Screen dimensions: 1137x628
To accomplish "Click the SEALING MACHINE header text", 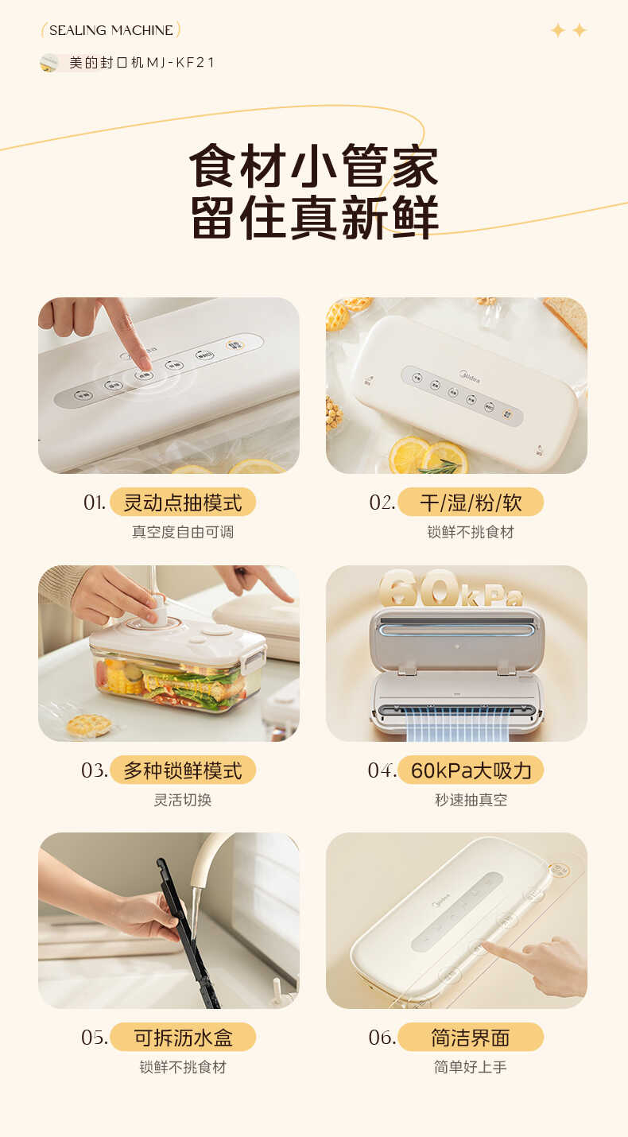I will (x=110, y=30).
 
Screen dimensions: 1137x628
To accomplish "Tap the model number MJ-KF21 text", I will (x=141, y=63).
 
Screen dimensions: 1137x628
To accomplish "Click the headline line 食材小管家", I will (x=313, y=165).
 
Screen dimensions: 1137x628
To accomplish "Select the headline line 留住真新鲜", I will (x=313, y=216).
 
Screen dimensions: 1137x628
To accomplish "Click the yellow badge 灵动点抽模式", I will (x=183, y=503).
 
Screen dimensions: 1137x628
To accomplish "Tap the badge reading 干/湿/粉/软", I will (x=471, y=503).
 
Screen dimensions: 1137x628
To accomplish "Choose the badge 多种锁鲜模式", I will (x=183, y=770).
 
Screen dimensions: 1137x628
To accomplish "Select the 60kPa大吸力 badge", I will (x=471, y=770).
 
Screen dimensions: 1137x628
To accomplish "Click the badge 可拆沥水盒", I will (x=183, y=1038).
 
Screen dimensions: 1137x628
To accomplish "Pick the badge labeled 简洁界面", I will (x=471, y=1038).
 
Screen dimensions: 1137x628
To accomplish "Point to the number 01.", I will (x=94, y=503).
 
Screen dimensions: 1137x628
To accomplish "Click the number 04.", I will (x=382, y=770).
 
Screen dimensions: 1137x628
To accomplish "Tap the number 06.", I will (x=382, y=1038).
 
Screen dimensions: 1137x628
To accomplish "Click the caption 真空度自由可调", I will (x=183, y=532).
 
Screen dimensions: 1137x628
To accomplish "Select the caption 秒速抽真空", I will (x=471, y=800).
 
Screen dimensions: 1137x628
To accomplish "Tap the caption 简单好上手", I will (x=471, y=1067).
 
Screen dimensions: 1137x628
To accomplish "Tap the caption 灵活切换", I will (x=183, y=800).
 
